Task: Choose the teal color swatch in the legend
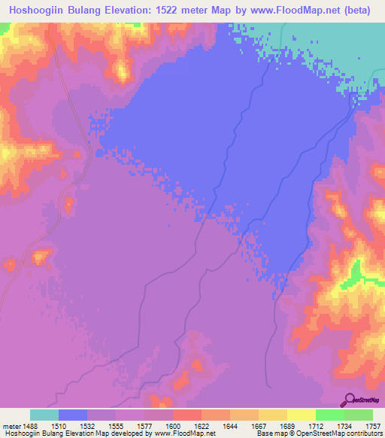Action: [44, 415]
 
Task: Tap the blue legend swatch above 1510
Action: [73, 415]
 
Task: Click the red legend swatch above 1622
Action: [186, 415]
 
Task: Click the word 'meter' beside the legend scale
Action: [9, 425]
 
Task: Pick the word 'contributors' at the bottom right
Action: [365, 433]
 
